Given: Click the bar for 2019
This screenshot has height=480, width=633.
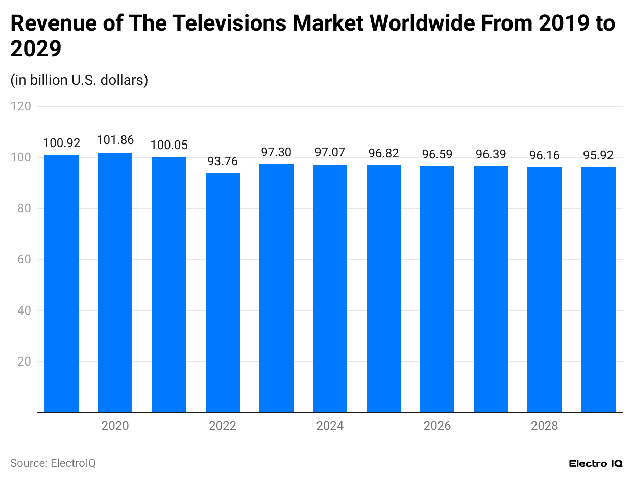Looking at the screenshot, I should (x=61, y=283).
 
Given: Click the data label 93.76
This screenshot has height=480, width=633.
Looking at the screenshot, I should (x=223, y=161).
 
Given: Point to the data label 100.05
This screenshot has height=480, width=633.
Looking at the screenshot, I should (x=168, y=146).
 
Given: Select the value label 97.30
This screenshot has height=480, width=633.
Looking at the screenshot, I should (x=276, y=152).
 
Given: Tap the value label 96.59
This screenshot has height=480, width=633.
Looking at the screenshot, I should (x=437, y=154).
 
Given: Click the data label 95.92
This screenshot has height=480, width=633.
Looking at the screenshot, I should (x=598, y=155).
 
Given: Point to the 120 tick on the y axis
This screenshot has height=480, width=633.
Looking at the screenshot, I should (x=23, y=106).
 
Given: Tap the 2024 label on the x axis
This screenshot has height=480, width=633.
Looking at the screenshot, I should (x=330, y=426).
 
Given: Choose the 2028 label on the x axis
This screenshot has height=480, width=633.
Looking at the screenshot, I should (x=544, y=426).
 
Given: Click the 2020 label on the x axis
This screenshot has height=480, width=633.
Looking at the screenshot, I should (x=115, y=426).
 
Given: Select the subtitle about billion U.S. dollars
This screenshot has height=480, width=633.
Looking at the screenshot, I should (x=79, y=80).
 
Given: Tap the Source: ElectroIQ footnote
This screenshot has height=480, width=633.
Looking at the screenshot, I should (x=53, y=463).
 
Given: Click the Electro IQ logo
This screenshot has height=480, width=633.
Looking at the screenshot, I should (x=595, y=464).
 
